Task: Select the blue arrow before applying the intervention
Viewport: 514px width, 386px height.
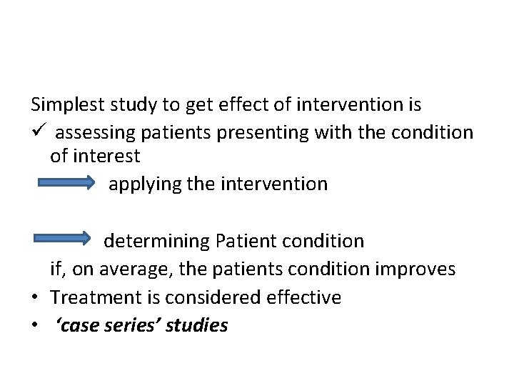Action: click(x=66, y=184)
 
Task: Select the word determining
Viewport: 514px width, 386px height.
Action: click(x=155, y=241)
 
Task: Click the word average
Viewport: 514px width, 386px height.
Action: click(x=131, y=269)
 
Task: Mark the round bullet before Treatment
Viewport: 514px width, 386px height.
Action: click(x=35, y=297)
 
